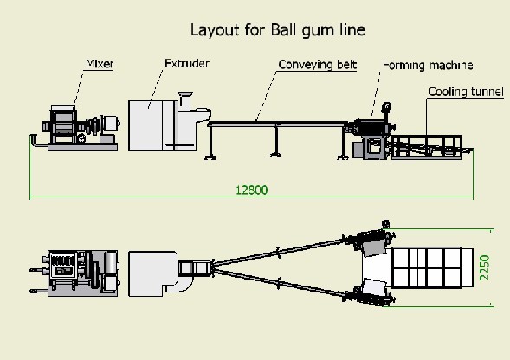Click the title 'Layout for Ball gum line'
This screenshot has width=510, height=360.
277,30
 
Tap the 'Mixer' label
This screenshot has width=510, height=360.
100,64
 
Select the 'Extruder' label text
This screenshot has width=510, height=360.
187,63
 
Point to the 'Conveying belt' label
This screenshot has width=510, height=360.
318,65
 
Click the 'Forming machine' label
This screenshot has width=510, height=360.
428,66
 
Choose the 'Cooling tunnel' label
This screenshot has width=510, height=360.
466,92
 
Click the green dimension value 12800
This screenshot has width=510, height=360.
251,190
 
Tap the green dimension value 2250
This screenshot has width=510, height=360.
484,267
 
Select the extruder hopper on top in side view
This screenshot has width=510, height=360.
185,100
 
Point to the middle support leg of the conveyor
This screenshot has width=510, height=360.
276,140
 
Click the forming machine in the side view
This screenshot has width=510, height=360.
371,134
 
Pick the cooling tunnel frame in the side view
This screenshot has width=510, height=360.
426,147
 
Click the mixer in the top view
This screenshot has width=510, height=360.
75,273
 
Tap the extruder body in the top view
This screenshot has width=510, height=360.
153,273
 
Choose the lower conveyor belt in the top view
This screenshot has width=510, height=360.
279,283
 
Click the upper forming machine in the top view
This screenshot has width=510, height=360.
370,241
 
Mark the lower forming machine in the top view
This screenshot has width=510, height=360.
370,292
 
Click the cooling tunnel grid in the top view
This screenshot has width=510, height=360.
427,267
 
